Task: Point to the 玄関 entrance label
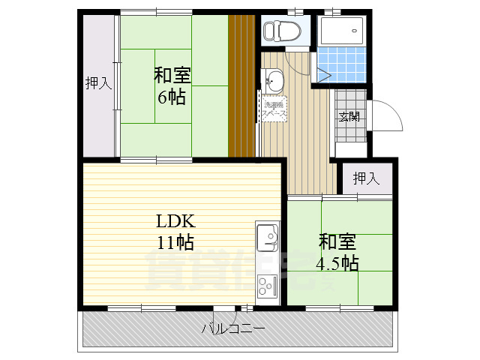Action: pyautogui.click(x=348, y=116)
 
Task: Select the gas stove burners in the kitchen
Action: pyautogui.click(x=267, y=286)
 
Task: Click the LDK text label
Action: pyautogui.click(x=175, y=221)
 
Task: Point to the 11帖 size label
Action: pyautogui.click(x=175, y=242)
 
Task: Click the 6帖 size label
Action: pyautogui.click(x=172, y=97)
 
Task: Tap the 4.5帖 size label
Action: pyautogui.click(x=337, y=263)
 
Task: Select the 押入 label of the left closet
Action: pyautogui.click(x=97, y=83)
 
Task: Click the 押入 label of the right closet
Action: pyautogui.click(x=366, y=178)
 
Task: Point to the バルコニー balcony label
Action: pyautogui.click(x=232, y=328)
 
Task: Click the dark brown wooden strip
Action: pyautogui.click(x=242, y=86)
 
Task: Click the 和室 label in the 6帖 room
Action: pyautogui.click(x=172, y=76)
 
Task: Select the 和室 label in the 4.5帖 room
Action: pyautogui.click(x=337, y=242)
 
